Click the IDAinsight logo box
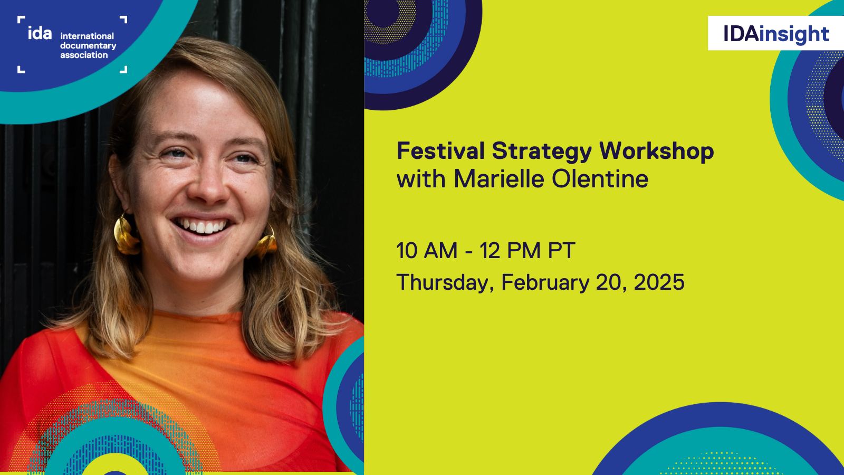point(775,33)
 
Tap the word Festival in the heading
point(440,151)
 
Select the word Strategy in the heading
point(542,152)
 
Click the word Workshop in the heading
point(656,152)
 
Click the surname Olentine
point(600,179)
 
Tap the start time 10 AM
point(427,251)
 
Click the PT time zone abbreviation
point(561,251)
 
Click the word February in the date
point(545,283)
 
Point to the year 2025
point(659,282)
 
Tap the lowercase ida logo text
point(40,33)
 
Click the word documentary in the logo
point(88,46)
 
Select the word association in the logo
point(84,55)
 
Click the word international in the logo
point(87,36)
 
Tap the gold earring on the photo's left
point(126,235)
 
